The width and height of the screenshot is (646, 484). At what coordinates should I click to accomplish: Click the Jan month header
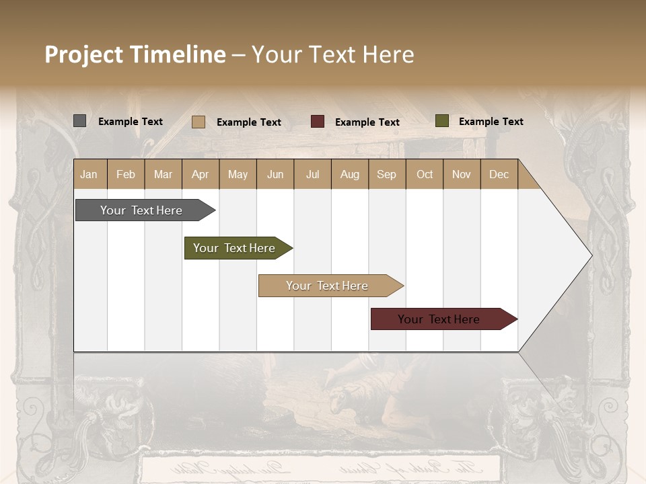[x=89, y=174]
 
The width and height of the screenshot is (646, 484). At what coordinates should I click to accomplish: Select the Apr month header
[x=201, y=174]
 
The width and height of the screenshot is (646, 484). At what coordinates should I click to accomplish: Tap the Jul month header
[x=312, y=174]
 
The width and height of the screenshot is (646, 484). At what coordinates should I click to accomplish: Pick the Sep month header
[x=386, y=174]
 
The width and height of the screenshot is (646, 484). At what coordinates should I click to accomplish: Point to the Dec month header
[x=499, y=174]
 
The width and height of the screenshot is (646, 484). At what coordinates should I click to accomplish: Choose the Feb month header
[x=126, y=174]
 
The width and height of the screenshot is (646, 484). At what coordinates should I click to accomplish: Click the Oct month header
[x=425, y=174]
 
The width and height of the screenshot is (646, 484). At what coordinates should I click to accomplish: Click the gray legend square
[x=79, y=121]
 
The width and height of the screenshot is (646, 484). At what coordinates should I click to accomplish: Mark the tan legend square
[x=198, y=122]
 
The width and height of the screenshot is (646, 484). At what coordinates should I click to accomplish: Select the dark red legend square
[x=318, y=122]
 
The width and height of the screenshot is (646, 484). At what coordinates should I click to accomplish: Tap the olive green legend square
[x=441, y=121]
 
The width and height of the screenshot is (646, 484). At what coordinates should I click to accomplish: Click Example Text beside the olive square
[x=491, y=122]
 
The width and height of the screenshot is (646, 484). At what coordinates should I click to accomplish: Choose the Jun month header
[x=275, y=174]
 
